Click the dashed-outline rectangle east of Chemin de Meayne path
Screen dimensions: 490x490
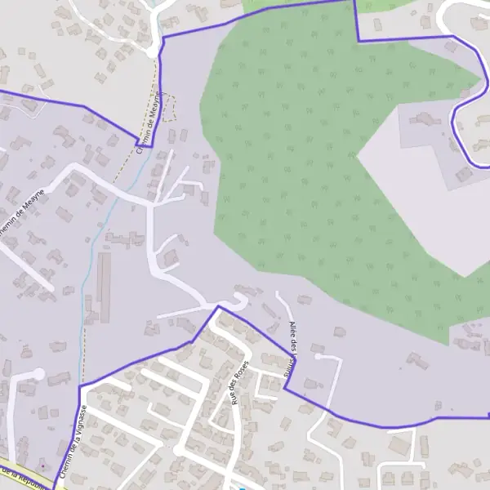click(x=169, y=108)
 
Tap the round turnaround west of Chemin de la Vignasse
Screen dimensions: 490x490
click(x=38, y=374)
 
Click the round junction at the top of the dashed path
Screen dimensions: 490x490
click(x=152, y=52)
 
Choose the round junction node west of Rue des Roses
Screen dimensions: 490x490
click(x=178, y=450)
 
